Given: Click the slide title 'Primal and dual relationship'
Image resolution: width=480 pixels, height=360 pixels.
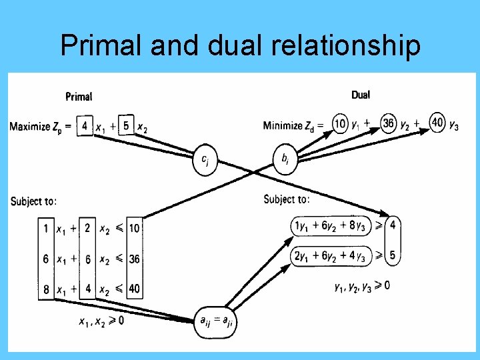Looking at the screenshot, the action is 240,46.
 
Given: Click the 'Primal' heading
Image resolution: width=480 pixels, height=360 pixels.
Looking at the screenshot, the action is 79,97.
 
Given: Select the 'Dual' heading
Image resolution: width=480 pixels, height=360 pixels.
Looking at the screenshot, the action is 360,95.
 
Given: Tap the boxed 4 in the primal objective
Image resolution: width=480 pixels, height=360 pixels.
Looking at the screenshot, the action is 85,125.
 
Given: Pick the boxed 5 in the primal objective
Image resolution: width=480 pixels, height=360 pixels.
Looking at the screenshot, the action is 127,125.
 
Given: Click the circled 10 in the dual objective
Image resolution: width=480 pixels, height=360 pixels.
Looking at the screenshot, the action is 340,124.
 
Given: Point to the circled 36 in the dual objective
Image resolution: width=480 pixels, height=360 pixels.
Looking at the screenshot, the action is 389,124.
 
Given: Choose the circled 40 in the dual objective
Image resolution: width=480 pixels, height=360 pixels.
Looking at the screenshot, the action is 437,124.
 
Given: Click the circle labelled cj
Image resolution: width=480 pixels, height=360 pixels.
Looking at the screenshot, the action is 206,160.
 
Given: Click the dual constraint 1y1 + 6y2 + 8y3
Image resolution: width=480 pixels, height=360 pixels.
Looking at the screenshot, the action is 330,225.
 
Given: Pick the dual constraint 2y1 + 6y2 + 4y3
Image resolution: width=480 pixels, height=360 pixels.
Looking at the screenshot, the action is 330,255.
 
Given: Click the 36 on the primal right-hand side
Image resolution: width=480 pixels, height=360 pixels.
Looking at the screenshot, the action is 134,259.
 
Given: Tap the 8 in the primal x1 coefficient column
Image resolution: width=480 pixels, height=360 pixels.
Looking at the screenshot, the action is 45,289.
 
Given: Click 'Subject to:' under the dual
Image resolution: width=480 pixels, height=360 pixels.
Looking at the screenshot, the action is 287,199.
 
